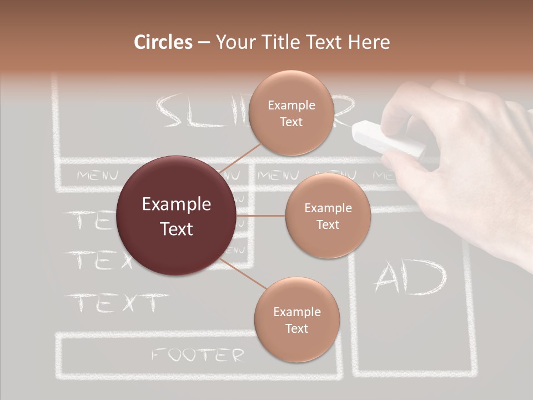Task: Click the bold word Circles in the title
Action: point(163,42)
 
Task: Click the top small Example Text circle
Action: point(291,113)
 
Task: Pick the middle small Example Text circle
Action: point(328,216)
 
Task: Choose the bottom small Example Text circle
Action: point(296,319)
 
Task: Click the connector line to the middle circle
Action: point(260,216)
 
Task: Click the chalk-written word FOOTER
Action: point(198,355)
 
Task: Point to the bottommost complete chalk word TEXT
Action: point(117,303)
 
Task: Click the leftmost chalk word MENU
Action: point(98,176)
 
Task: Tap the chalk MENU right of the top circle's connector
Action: point(278,176)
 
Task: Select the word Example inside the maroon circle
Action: point(177,204)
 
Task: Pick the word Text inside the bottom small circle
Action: point(296,328)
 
